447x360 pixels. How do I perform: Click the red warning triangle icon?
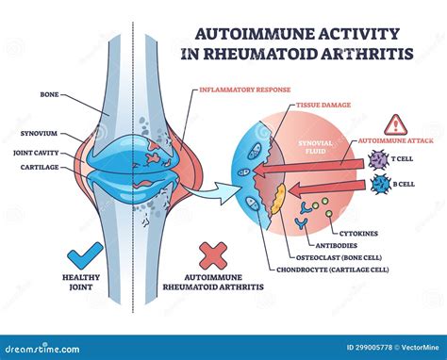click(394, 123)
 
